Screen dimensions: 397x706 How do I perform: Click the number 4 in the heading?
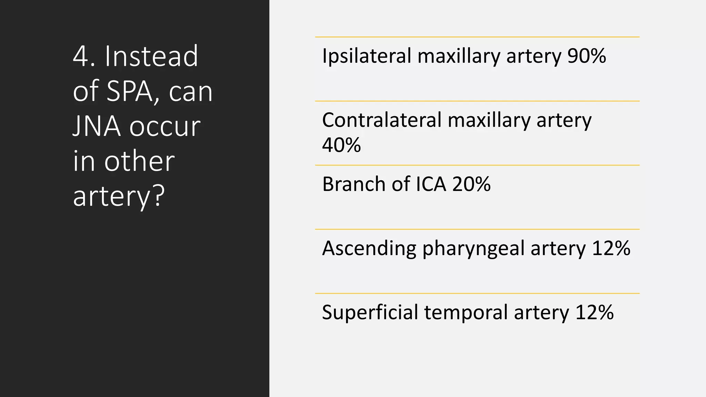pos(81,56)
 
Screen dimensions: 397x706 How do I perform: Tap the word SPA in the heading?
pos(129,91)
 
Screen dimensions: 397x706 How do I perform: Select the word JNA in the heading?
pos(97,126)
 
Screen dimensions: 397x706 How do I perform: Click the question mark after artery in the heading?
pos(158,196)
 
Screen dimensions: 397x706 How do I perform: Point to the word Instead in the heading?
pos(151,56)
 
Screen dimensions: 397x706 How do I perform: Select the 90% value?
pos(586,56)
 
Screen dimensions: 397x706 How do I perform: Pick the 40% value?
pos(341,145)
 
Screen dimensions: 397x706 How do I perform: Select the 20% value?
pos(471,184)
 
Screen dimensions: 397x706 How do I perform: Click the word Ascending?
pos(369,248)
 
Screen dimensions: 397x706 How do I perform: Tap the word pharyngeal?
pos(473,249)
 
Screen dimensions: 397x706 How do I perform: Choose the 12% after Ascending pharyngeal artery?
pos(611,248)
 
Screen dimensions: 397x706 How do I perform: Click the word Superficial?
pos(370,312)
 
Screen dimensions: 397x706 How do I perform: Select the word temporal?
pos(466,313)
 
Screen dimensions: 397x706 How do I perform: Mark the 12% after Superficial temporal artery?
pos(594,312)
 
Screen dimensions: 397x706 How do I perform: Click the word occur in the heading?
pos(165,126)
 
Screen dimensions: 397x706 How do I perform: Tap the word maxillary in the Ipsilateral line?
pos(458,56)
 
